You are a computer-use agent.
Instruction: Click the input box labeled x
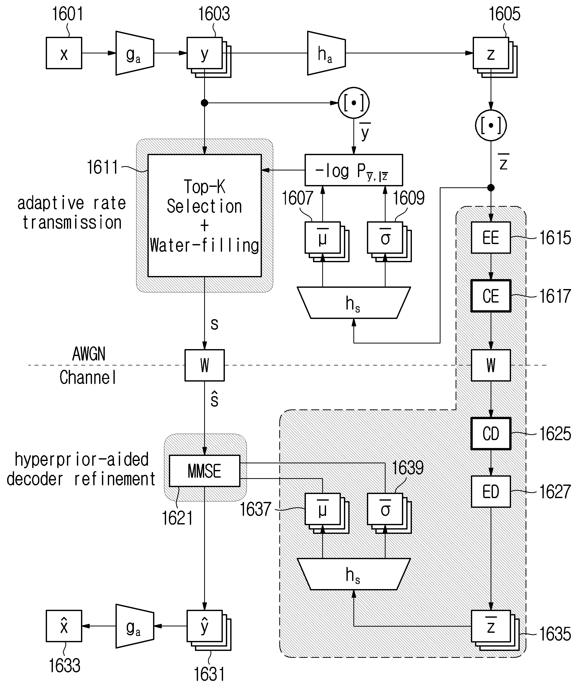coord(64,53)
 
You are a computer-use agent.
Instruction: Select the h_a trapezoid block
coord(326,53)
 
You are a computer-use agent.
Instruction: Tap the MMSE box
coord(204,471)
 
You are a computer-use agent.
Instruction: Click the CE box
coord(491,296)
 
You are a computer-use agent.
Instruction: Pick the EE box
coord(491,238)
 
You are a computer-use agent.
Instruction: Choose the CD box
coord(491,433)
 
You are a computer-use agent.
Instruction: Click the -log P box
coord(353,170)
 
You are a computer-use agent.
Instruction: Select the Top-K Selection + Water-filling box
coord(204,216)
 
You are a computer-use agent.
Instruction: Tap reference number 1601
coord(68,14)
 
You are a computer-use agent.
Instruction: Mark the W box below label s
coord(204,365)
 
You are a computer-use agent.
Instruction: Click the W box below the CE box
coord(491,365)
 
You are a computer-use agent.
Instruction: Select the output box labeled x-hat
coord(64,626)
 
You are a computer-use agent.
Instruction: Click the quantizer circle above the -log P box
coord(353,103)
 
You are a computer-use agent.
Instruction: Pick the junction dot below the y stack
coord(204,103)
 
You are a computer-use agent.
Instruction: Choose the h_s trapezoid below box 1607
coord(353,303)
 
